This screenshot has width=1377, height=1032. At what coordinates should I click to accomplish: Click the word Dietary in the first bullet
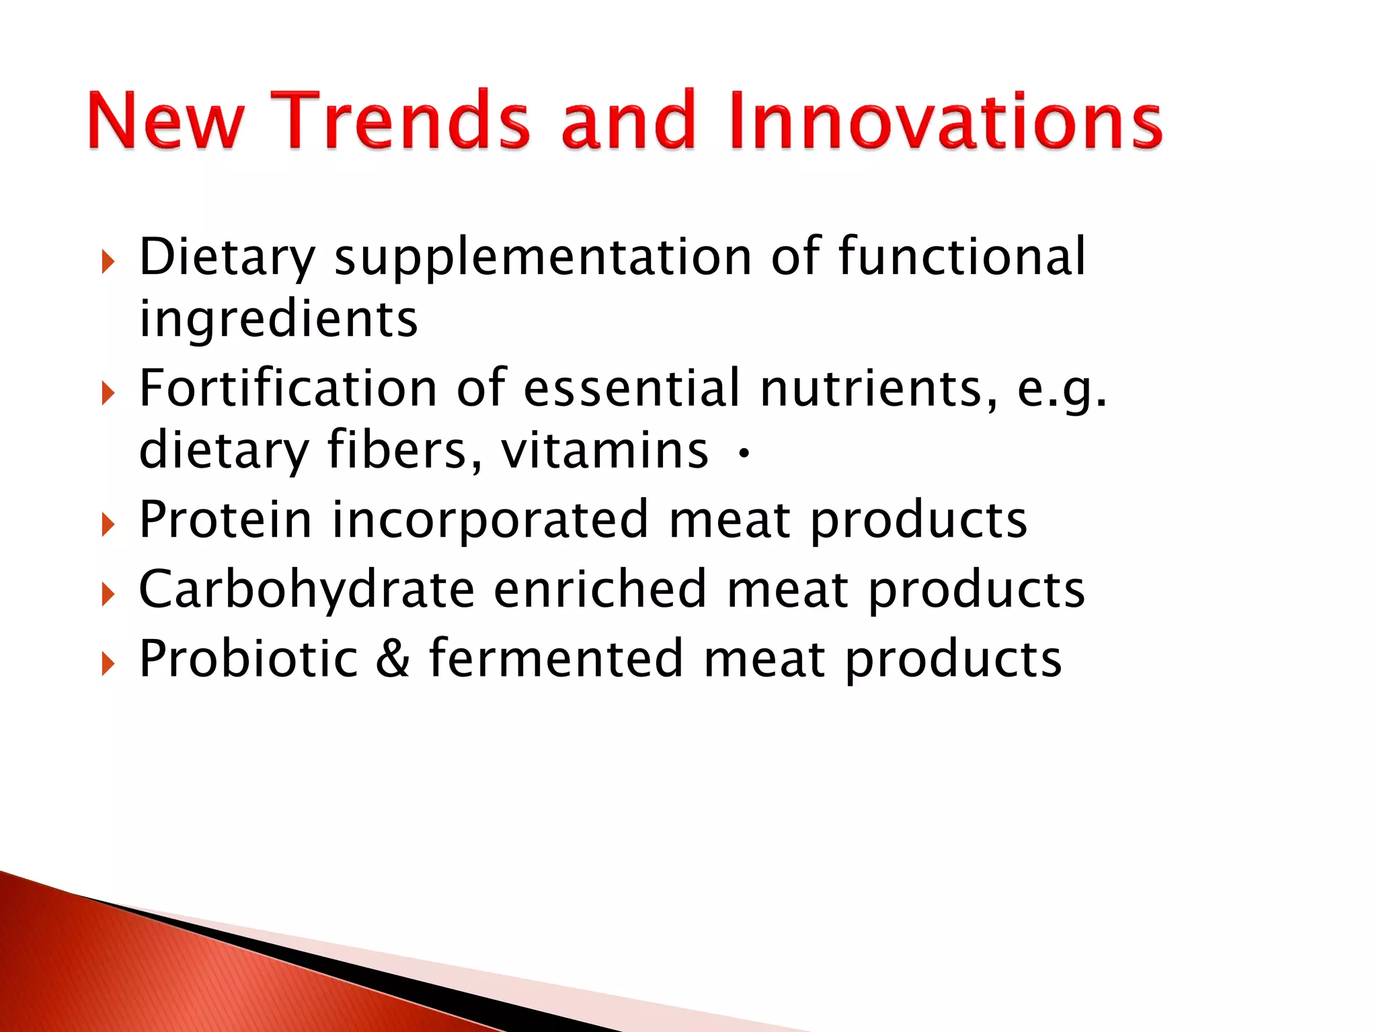point(227,257)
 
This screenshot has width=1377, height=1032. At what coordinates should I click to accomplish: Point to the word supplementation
point(543,257)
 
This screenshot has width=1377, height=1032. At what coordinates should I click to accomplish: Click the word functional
point(961,257)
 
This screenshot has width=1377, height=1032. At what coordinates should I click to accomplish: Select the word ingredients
point(278,320)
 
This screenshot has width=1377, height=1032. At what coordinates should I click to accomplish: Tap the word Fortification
point(288,388)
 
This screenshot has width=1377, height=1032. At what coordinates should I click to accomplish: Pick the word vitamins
point(604,450)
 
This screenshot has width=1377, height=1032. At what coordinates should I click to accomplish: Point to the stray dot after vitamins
point(743,455)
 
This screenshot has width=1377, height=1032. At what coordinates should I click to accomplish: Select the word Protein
point(225,520)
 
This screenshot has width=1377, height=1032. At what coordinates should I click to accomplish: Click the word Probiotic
point(248,659)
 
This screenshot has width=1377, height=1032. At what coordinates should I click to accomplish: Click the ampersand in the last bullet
point(393,659)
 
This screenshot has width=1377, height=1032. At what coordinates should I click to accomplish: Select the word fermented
point(556,659)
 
